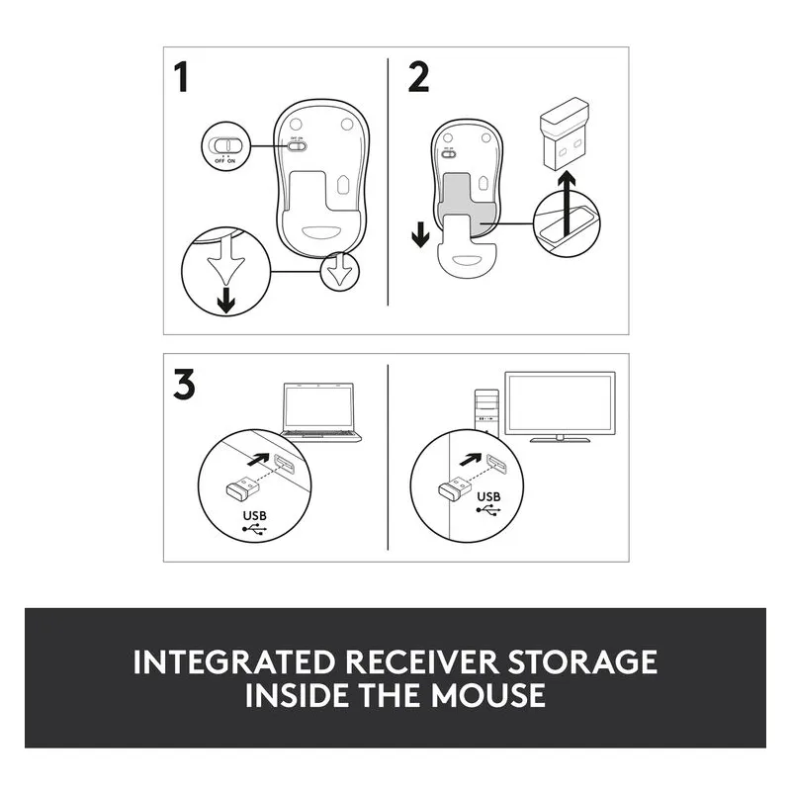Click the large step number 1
click(x=181, y=77)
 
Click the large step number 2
click(x=418, y=77)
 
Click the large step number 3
click(x=184, y=385)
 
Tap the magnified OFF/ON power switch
click(x=225, y=145)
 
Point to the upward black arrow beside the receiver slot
click(x=568, y=204)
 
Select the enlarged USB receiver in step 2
click(x=565, y=135)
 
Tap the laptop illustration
click(x=320, y=412)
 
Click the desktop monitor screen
click(x=560, y=403)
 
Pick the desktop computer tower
click(x=486, y=411)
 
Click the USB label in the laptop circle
click(x=255, y=515)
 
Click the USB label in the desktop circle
click(x=488, y=497)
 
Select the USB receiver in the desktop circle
click(x=455, y=487)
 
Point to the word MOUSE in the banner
click(x=487, y=695)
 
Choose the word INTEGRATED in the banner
click(x=234, y=661)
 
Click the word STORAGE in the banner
click(x=581, y=661)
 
